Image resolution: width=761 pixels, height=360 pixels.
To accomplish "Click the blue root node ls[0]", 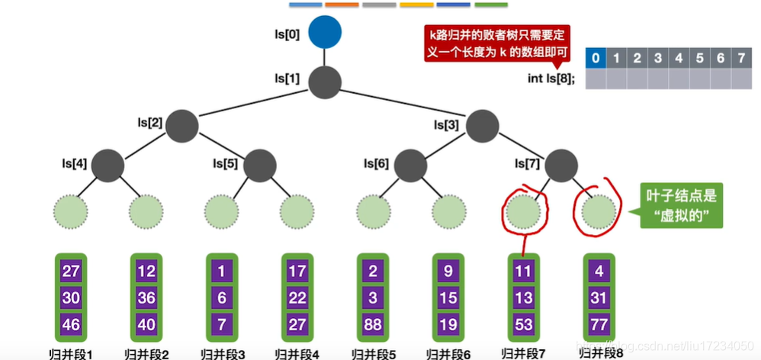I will (325, 32).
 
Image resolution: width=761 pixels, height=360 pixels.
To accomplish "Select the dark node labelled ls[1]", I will (325, 81).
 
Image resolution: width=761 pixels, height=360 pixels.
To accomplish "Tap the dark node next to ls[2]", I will (183, 124).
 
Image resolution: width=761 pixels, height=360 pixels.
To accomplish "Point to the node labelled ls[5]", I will (259, 164).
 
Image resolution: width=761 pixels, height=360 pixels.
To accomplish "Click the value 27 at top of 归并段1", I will (71, 272).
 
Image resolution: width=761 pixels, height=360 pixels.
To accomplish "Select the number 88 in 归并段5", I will (373, 323).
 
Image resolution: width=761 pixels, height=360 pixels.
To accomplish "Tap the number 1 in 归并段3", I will (221, 272).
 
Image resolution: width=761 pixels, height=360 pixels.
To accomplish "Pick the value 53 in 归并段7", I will (523, 323).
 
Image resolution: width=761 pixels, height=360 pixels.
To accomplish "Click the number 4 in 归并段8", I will (599, 272).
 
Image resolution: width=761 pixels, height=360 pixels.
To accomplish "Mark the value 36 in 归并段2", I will (146, 297).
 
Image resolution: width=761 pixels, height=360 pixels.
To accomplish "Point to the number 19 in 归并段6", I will (448, 323).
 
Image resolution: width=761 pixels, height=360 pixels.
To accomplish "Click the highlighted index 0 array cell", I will (595, 58).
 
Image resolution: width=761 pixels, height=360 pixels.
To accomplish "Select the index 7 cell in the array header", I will (740, 58).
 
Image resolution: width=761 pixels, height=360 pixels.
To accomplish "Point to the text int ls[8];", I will (551, 78).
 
